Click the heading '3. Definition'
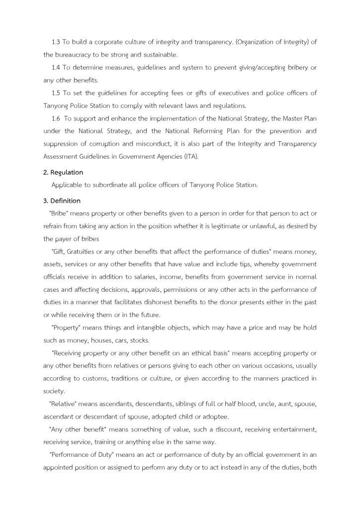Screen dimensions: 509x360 coord(62,201)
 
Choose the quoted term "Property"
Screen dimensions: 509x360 coord(68,328)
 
